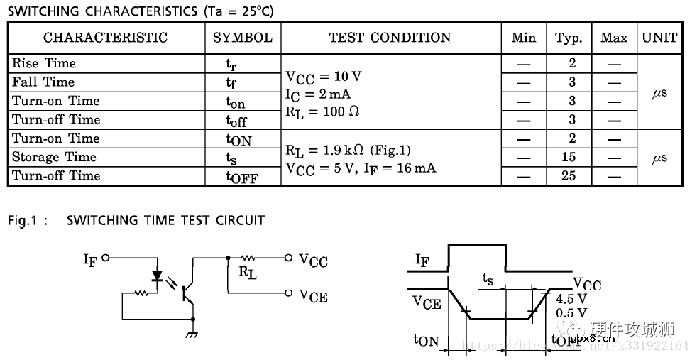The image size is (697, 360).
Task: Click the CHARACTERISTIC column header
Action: point(105,38)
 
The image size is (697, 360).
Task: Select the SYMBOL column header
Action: point(243,38)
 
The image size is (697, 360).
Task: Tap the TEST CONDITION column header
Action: point(390,38)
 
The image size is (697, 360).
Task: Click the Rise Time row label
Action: point(44,63)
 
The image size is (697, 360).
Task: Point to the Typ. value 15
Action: point(569,157)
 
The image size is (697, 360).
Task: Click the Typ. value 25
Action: point(569,175)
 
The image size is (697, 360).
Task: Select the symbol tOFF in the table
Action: point(242,178)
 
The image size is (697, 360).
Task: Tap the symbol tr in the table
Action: point(231,65)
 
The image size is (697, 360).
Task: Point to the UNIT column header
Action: point(659,38)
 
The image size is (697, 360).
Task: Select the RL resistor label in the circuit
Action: point(248,271)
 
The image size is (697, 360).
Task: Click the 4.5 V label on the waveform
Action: point(572,299)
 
